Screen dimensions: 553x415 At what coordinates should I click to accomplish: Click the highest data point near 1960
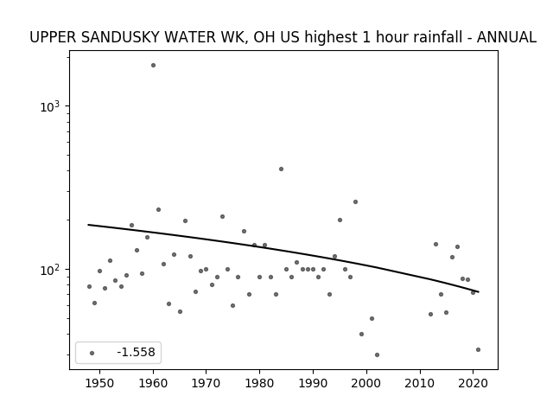coord(153,66)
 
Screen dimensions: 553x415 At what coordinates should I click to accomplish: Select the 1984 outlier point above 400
coord(281,169)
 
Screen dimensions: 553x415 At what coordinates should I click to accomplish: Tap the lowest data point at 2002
coord(377,355)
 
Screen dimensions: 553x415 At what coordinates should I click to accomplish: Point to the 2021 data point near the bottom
coord(478,349)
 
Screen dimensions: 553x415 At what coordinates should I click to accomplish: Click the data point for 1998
coord(355,201)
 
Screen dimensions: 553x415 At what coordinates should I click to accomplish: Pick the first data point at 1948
coord(89,286)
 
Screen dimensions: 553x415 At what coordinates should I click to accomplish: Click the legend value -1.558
coord(136,352)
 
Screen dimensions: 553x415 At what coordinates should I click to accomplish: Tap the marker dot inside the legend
coord(92,353)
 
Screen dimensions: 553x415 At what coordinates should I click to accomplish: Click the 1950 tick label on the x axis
coord(100,383)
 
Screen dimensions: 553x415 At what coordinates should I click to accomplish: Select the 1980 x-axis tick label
coord(259,383)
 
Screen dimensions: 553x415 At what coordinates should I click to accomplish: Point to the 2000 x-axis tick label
coord(366,383)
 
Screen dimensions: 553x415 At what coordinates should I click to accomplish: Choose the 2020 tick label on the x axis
coord(473,383)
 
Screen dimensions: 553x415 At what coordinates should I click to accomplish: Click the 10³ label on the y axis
coord(50,106)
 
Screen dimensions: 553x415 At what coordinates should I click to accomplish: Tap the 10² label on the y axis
coord(50,270)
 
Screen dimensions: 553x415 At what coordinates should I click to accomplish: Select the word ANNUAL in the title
coord(506,37)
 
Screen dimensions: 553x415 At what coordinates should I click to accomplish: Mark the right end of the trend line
coord(478,292)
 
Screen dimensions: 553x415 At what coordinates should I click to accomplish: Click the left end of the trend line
coord(88,225)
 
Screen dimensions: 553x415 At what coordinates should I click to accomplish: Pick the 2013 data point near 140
coord(435,244)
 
